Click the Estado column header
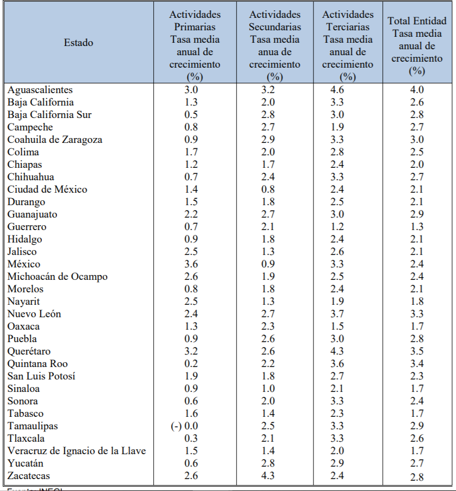[x=78, y=43]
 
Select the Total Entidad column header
[x=417, y=45]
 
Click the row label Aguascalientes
[x=40, y=90]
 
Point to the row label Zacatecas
[x=29, y=476]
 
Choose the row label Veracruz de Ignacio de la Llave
[x=77, y=451]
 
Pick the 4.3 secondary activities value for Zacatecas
[x=268, y=476]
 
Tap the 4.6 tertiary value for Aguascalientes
[x=337, y=90]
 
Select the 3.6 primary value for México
[x=192, y=264]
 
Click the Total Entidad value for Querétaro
[x=416, y=351]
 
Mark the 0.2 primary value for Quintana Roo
[x=192, y=364]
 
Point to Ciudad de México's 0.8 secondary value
[x=268, y=189]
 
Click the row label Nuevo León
[x=34, y=314]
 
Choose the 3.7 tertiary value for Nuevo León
[x=337, y=314]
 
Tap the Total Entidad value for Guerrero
[x=416, y=227]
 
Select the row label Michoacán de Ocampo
[x=57, y=277]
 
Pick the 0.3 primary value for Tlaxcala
[x=192, y=438]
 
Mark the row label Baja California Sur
[x=50, y=115]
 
